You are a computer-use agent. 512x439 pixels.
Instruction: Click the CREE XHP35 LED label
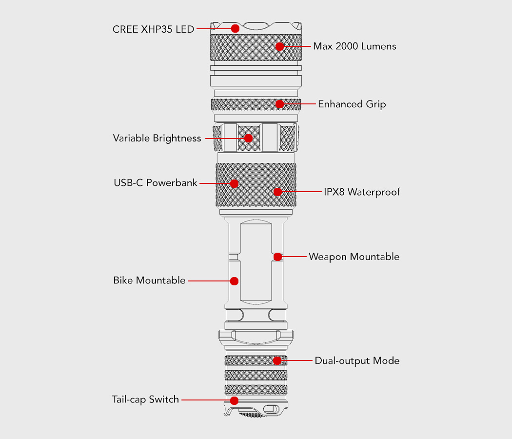click(153, 29)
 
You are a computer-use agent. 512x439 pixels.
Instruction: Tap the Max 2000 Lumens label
click(354, 46)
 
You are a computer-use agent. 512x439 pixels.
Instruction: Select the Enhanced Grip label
click(352, 104)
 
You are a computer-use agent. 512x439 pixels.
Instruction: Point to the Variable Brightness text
click(157, 138)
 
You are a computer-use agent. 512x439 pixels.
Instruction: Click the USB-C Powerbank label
click(156, 182)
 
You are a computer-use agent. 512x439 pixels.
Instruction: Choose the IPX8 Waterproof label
click(362, 192)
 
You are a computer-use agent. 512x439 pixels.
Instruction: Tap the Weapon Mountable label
click(354, 257)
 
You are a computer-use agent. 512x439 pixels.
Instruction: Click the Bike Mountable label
click(149, 280)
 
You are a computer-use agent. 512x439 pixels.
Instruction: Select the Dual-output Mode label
click(357, 360)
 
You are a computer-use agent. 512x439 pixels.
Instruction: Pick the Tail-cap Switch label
click(145, 399)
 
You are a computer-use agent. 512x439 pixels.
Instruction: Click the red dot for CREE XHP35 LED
click(235, 28)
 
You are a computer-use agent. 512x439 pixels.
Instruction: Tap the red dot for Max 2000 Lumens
click(279, 46)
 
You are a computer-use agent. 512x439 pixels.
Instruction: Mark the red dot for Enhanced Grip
click(279, 104)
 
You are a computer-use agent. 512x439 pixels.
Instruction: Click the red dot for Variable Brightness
click(249, 138)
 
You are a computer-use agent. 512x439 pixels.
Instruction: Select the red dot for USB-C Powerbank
click(234, 183)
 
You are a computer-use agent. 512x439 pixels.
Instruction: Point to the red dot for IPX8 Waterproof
click(278, 192)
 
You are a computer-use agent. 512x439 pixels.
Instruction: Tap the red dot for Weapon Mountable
click(278, 257)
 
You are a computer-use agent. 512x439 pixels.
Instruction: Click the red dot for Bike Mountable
click(234, 281)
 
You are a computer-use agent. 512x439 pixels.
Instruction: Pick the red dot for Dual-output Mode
click(277, 360)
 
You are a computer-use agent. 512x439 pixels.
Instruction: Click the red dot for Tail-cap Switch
click(234, 400)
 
